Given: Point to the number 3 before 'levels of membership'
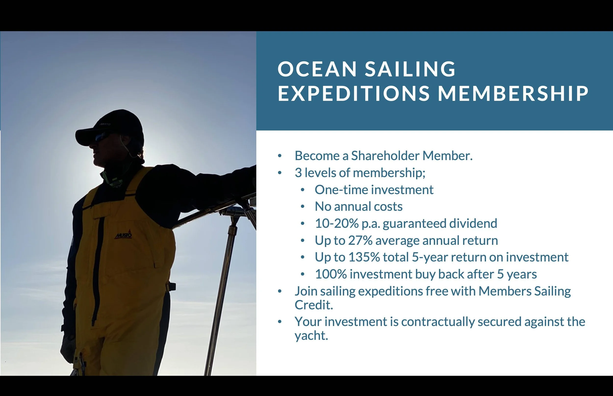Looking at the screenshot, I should pyautogui.click(x=298, y=173).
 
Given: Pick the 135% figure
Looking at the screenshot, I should pyautogui.click(x=364, y=257).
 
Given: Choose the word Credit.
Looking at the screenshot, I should pyautogui.click(x=314, y=305).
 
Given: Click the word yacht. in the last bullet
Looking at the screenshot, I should pyautogui.click(x=311, y=336).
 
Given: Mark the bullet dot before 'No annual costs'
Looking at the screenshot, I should pyautogui.click(x=303, y=207).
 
